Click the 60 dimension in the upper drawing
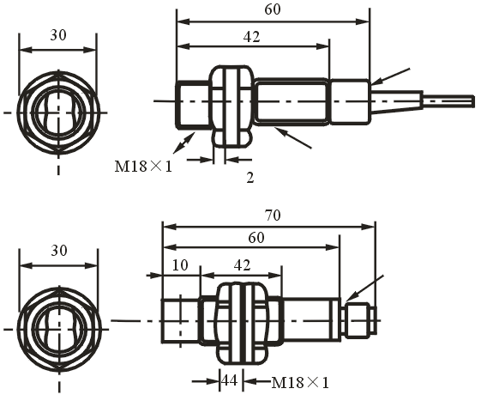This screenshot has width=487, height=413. (x=273, y=9)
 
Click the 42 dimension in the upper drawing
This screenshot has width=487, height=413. (x=251, y=37)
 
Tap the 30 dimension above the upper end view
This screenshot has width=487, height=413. (x=58, y=35)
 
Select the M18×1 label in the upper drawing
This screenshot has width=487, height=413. (x=143, y=167)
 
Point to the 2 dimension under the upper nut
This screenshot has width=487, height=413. (x=250, y=178)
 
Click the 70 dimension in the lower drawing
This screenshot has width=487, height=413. (x=273, y=216)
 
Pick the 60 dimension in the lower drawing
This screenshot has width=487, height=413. (x=256, y=238)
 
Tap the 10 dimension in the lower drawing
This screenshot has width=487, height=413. (x=180, y=265)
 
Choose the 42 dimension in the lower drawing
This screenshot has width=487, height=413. (x=242, y=265)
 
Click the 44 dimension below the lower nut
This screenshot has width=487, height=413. (x=230, y=380)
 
